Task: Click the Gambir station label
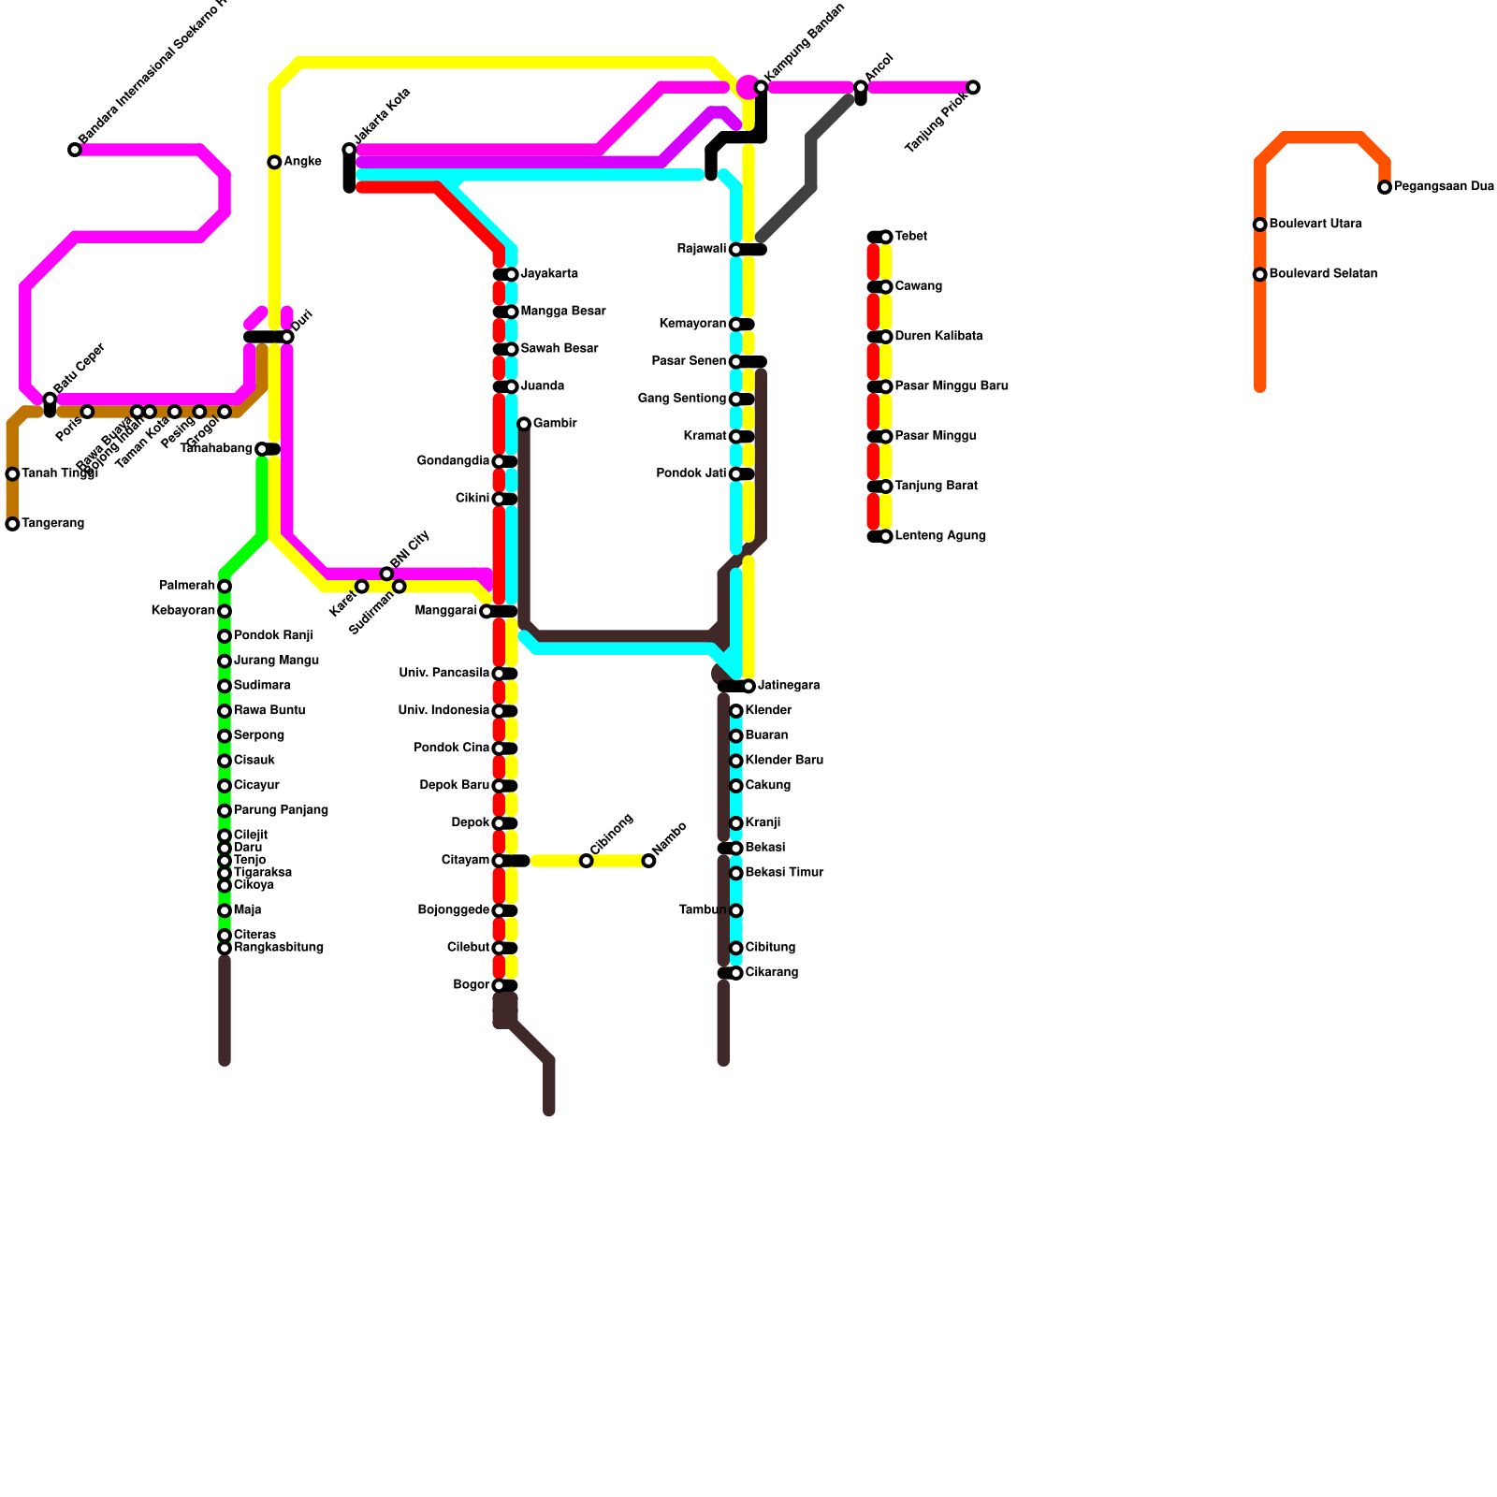[555, 424]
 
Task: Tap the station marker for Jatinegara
[748, 687]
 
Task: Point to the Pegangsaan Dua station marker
[1385, 188]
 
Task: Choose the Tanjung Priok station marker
[973, 88]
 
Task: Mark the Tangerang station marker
[12, 525]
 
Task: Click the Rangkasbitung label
[279, 948]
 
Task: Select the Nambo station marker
[648, 861]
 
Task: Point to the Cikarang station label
[772, 973]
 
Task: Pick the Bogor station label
[471, 985]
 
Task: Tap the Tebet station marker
[885, 238]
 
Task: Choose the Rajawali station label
[702, 249]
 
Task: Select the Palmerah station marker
[225, 587]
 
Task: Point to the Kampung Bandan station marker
[761, 88]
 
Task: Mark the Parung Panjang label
[281, 810]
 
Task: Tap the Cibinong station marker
[586, 861]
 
